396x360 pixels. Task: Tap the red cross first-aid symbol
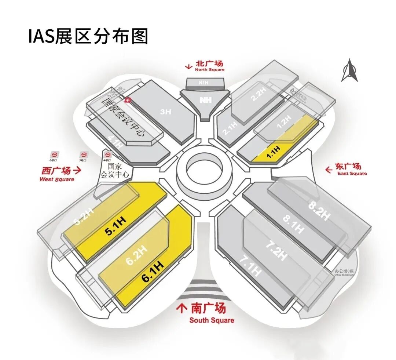pos(128,100)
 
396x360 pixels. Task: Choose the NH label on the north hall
pos(205,100)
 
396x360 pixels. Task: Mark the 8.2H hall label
pos(318,209)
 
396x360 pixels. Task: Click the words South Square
pos(212,320)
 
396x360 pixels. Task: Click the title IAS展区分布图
pos(88,36)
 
